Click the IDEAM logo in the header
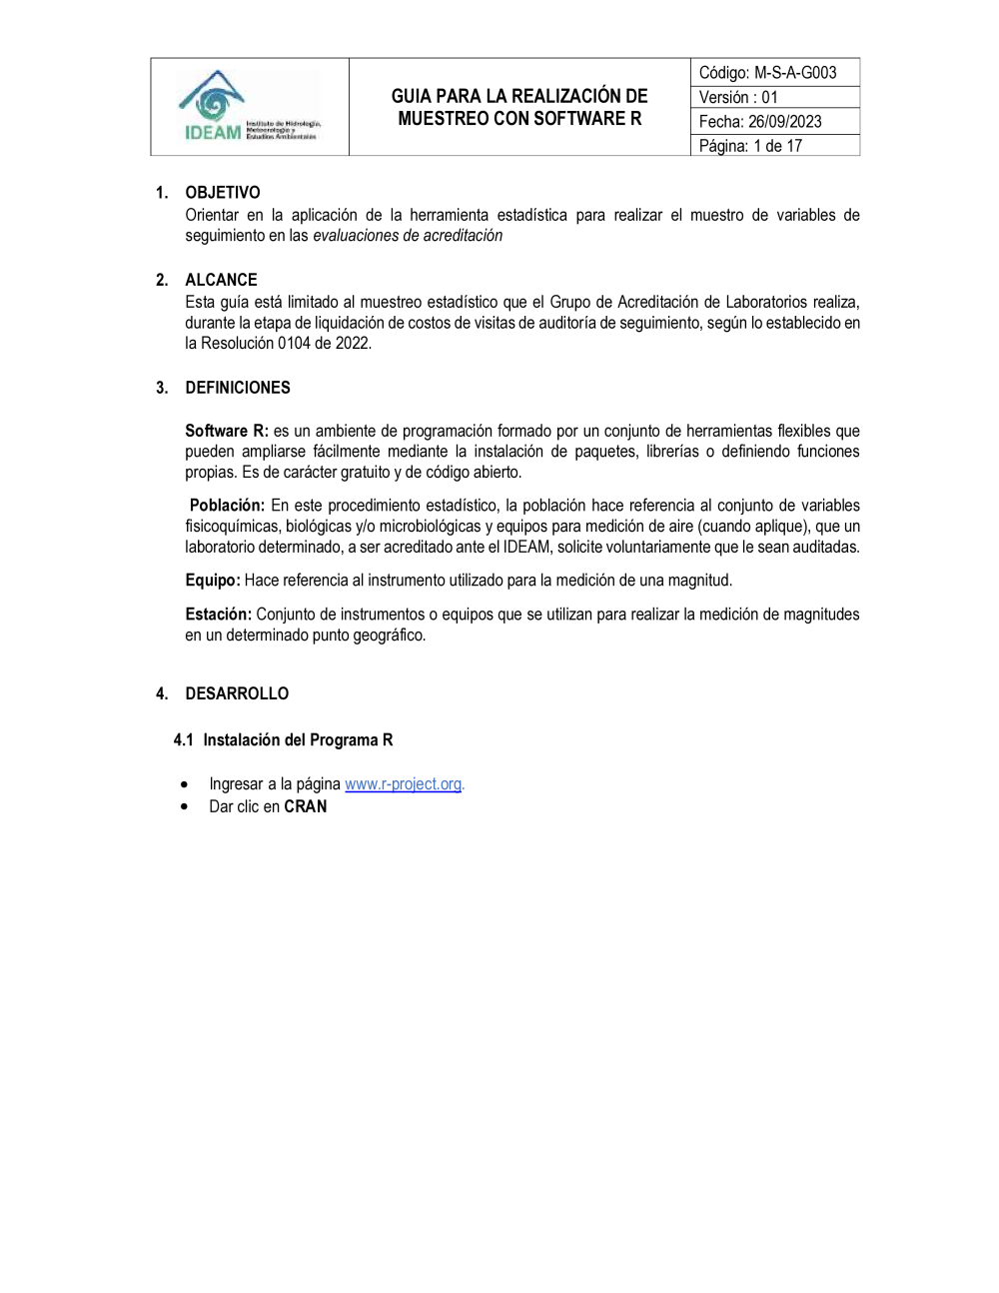click(x=249, y=107)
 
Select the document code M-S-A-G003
click(x=795, y=73)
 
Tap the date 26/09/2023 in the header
click(x=784, y=122)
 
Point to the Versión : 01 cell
click(x=774, y=97)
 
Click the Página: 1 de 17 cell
click(x=774, y=146)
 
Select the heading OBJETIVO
click(x=223, y=193)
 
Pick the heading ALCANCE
click(x=221, y=280)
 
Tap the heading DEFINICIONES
click(x=238, y=388)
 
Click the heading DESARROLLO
click(x=237, y=693)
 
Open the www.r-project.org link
click(x=403, y=784)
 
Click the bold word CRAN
click(x=306, y=806)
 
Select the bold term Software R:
click(x=227, y=431)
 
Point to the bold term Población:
click(x=227, y=506)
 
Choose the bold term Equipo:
click(x=213, y=581)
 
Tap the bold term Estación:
click(x=218, y=615)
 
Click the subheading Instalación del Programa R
click(x=298, y=740)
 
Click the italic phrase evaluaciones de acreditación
click(x=408, y=236)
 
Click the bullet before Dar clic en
click(x=185, y=807)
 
